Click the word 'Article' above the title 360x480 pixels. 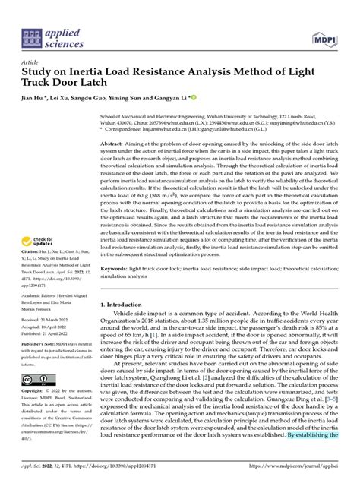(31, 62)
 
